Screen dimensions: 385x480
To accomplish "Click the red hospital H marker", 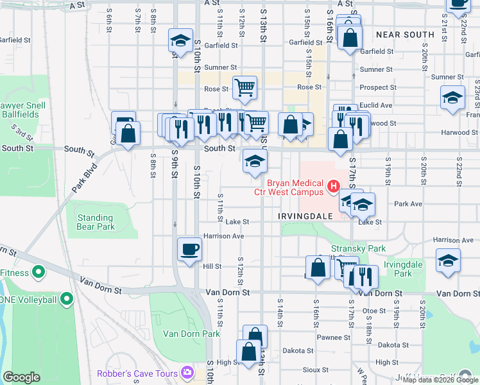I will (333, 187).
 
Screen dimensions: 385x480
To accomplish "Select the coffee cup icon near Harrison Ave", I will (189, 249).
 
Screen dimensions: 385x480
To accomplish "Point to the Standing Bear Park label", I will (96, 222).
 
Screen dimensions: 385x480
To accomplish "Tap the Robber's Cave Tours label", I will (137, 373).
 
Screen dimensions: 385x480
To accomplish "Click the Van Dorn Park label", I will (191, 334).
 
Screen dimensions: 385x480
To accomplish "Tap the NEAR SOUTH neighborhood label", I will (405, 35).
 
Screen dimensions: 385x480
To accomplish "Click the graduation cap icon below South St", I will (255, 161).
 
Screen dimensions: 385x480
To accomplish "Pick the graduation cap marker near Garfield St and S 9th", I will (181, 41).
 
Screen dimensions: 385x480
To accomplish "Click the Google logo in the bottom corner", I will (21, 377).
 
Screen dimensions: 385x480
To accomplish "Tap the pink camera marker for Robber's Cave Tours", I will (187, 372).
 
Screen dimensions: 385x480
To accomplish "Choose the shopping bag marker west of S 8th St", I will (129, 133).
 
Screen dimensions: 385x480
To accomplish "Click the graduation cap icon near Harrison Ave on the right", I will (448, 261).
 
